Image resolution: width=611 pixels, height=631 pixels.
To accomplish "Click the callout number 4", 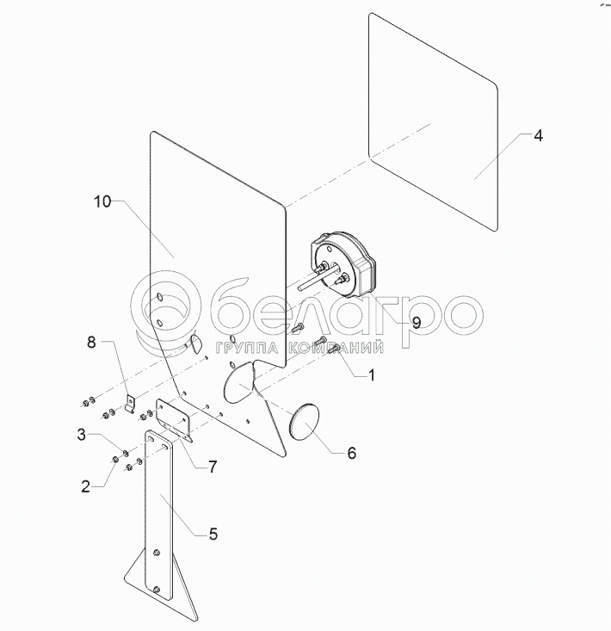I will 537,136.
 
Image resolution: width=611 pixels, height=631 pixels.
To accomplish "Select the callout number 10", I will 102,201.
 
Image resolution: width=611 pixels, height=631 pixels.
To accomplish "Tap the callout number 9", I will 416,323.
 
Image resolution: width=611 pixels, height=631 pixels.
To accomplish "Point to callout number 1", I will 371,375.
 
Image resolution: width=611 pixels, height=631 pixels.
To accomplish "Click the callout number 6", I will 351,453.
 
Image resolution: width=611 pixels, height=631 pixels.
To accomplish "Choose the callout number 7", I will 212,467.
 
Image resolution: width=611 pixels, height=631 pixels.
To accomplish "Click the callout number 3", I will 82,435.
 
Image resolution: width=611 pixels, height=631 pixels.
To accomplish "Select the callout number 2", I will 86,486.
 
